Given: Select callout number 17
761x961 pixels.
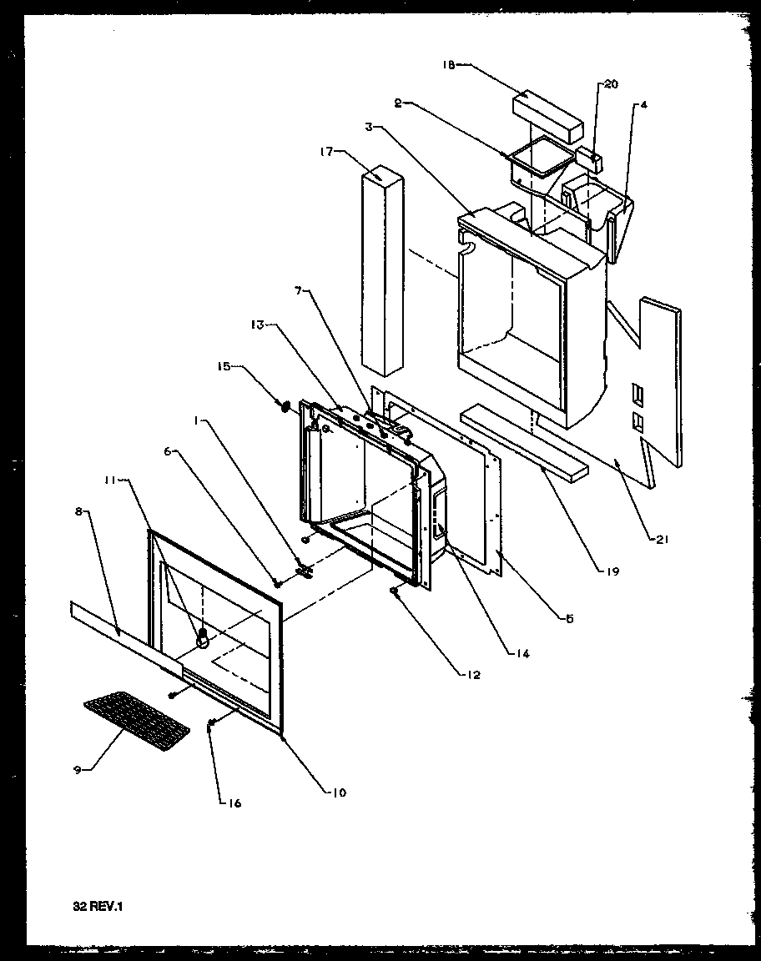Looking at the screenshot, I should (326, 151).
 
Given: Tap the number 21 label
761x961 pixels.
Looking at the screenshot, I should (662, 540).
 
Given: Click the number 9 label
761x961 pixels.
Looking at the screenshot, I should (78, 770).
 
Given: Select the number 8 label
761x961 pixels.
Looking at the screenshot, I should (79, 513).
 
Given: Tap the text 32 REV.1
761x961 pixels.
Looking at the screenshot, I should (98, 904).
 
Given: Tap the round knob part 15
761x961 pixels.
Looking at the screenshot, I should (285, 406).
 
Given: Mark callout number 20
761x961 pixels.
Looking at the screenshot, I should (612, 84).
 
